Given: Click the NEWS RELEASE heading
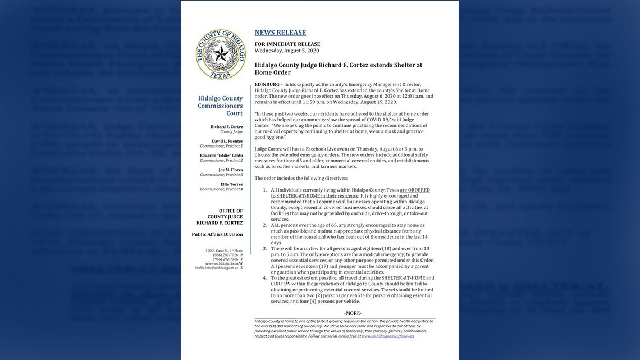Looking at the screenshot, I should (x=280, y=33).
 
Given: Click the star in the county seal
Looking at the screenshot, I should (x=220, y=54).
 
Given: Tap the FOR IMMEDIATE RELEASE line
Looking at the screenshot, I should (x=287, y=44).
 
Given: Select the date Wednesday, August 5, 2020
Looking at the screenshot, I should (x=286, y=51).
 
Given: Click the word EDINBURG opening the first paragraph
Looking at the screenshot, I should (x=267, y=84).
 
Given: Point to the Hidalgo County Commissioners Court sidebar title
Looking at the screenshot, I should (x=220, y=106).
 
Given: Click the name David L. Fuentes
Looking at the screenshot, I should (x=227, y=141).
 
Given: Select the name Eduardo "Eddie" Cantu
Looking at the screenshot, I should (x=221, y=155).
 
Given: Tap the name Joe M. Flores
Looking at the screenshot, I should (x=230, y=169).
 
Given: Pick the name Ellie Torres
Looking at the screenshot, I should (x=232, y=184).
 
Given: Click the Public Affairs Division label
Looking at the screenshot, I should (x=217, y=234).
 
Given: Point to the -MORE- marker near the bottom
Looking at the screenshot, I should (x=353, y=313).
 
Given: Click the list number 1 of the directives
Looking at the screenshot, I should (x=265, y=190).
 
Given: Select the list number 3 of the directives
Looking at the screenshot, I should (x=265, y=248).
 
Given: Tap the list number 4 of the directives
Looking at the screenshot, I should (x=265, y=278).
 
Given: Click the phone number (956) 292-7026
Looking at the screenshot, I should (x=226, y=254).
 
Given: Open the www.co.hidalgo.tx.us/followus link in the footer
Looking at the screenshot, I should (x=387, y=336).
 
